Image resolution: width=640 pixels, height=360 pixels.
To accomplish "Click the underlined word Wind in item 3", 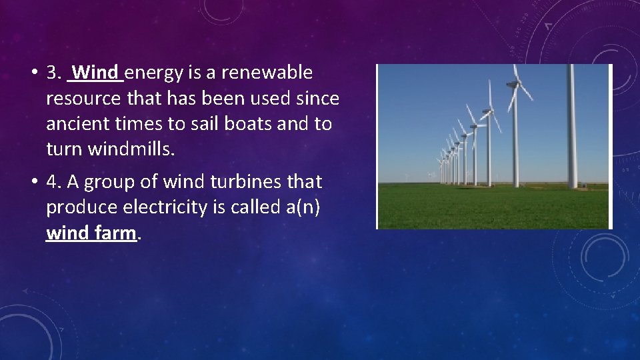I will click(97, 72).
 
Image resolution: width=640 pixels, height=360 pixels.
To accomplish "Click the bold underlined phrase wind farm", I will click(91, 234).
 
